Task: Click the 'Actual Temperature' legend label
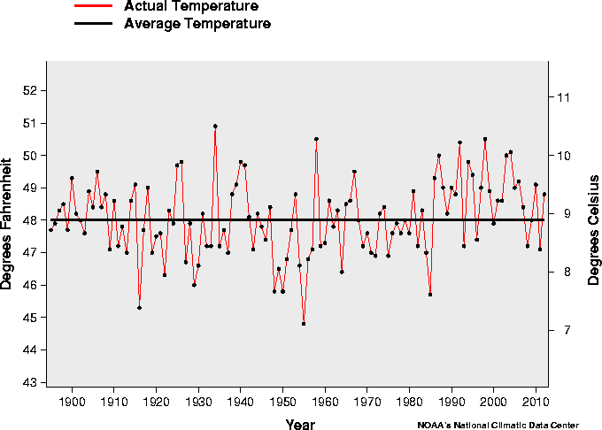tap(191, 7)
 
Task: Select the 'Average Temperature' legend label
tap(197, 24)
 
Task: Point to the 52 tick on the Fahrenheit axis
tap(29, 90)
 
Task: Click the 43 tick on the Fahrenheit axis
tap(29, 382)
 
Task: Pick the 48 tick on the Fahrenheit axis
tap(29, 220)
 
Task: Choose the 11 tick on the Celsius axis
tap(560, 97)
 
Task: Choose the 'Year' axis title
tap(300, 425)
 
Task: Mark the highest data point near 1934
tap(215, 126)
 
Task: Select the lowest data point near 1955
tap(304, 324)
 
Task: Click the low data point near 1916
tap(139, 308)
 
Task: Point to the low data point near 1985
tap(430, 295)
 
